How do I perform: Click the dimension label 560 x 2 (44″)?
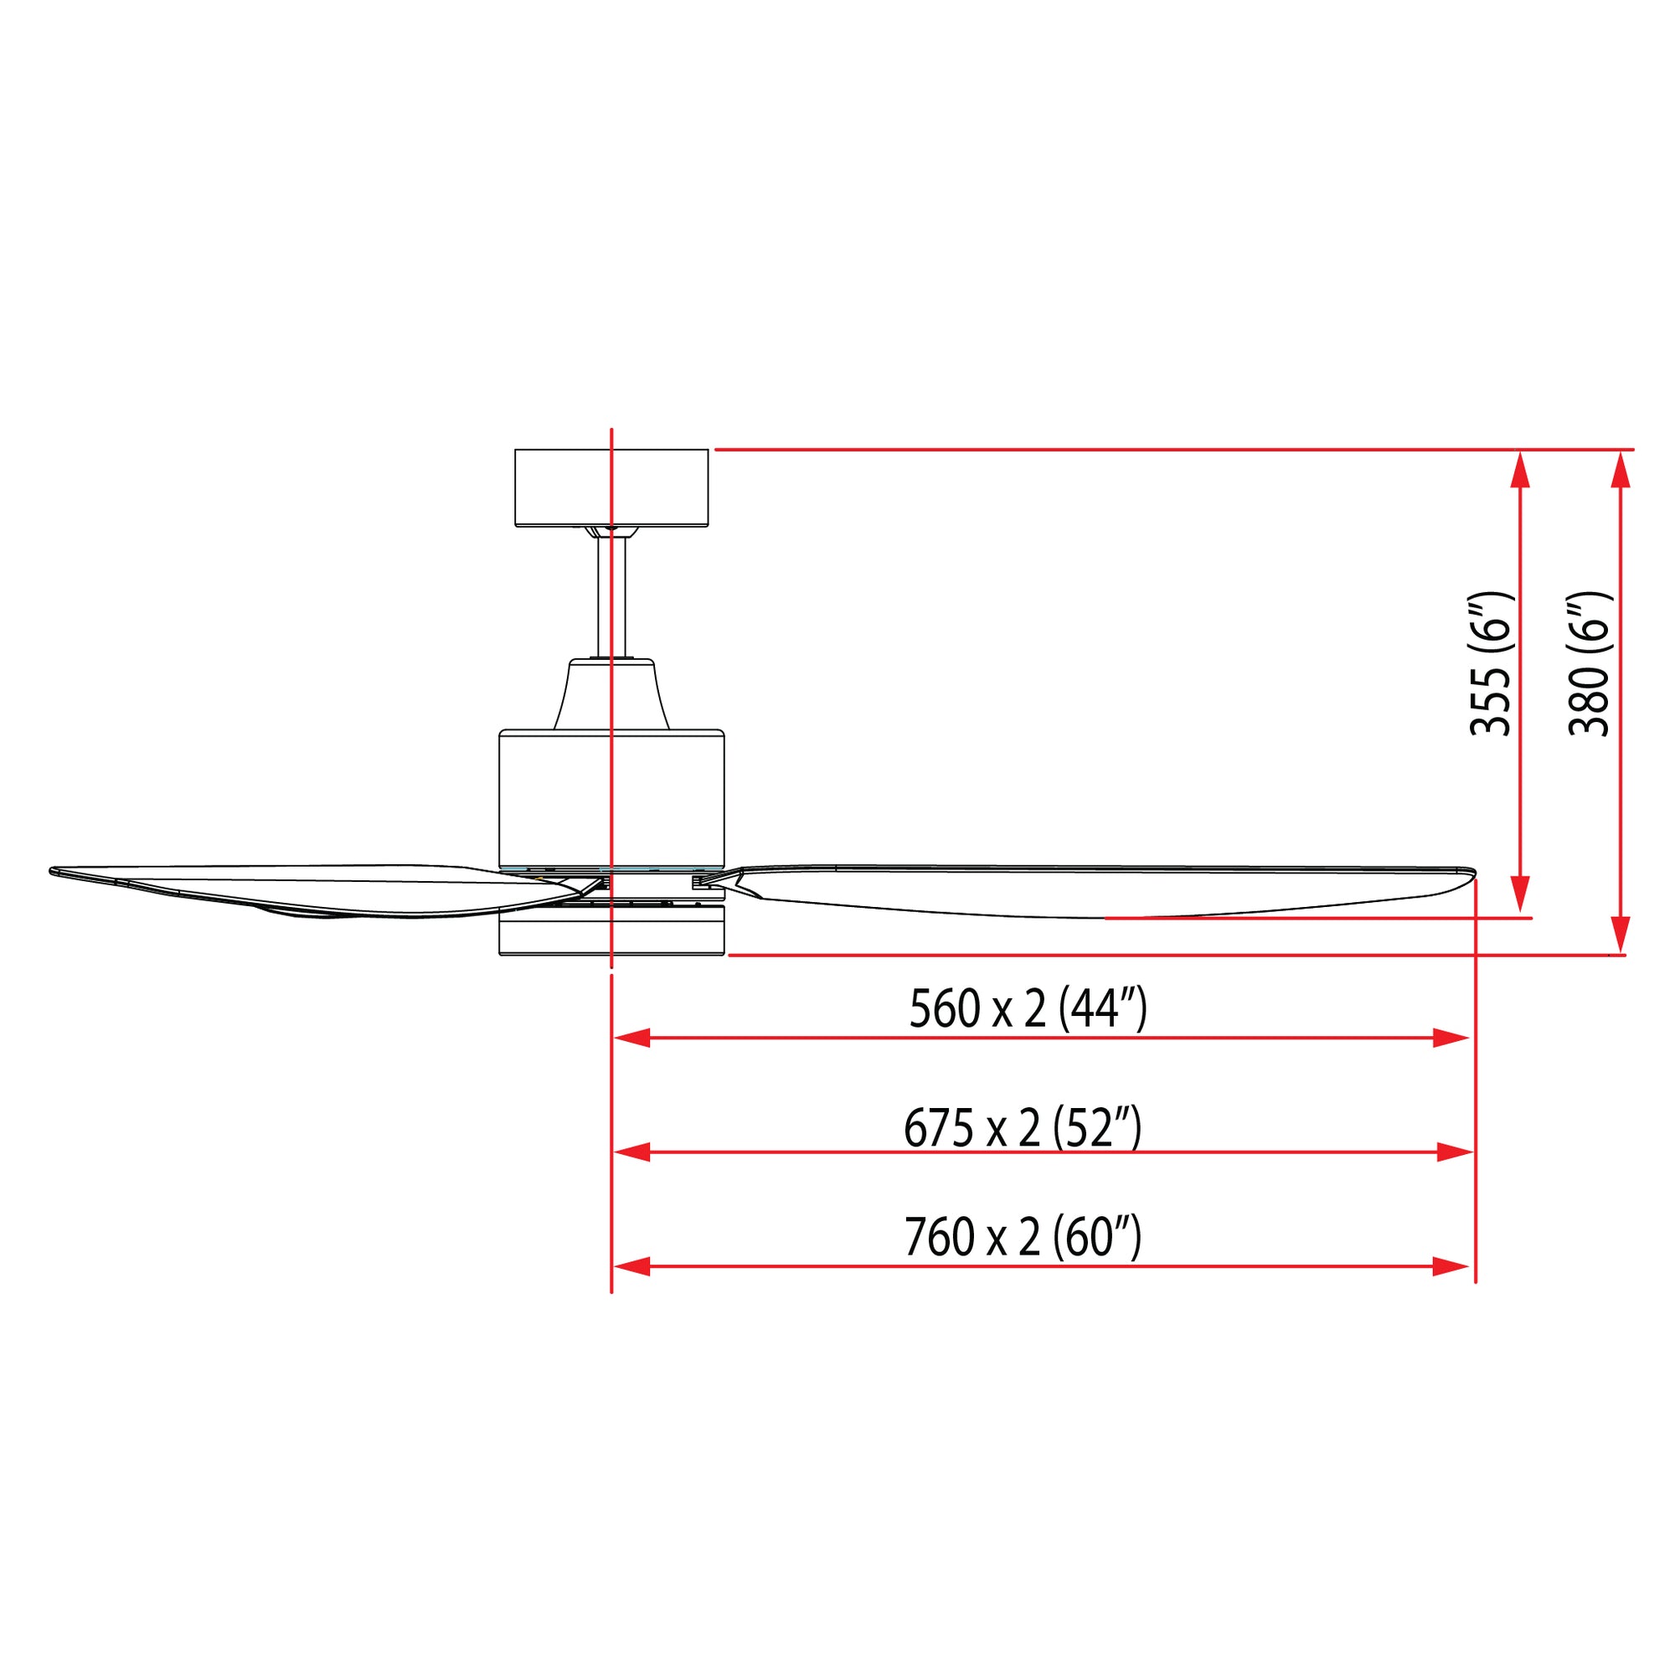(1028, 1010)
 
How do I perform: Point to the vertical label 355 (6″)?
(1491, 664)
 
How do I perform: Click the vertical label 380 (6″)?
(1590, 664)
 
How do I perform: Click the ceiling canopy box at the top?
(611, 487)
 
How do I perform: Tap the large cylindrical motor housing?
(611, 797)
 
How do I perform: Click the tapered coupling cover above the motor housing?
(611, 693)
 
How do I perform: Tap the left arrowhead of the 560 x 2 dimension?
(631, 1038)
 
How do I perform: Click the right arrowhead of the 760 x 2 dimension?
(1451, 1266)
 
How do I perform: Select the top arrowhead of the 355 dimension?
(1519, 469)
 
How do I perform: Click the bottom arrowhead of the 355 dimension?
(1519, 894)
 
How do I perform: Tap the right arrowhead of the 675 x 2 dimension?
(1456, 1152)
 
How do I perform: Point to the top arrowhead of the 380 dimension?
(1621, 469)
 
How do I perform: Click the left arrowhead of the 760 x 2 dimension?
(631, 1266)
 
